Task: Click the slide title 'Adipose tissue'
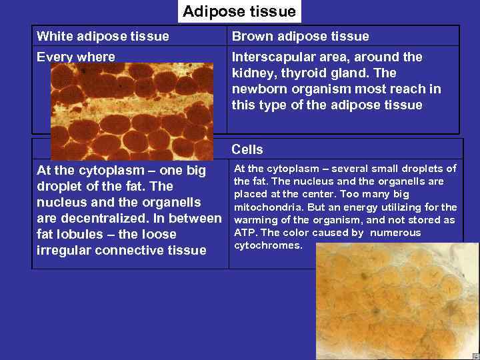[x=239, y=11]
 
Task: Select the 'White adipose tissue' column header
[x=103, y=36]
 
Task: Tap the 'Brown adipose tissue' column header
[x=300, y=36]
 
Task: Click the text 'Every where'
[x=75, y=57]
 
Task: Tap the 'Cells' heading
[x=247, y=150]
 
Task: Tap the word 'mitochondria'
[x=270, y=207]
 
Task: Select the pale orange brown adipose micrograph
[x=397, y=301]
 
